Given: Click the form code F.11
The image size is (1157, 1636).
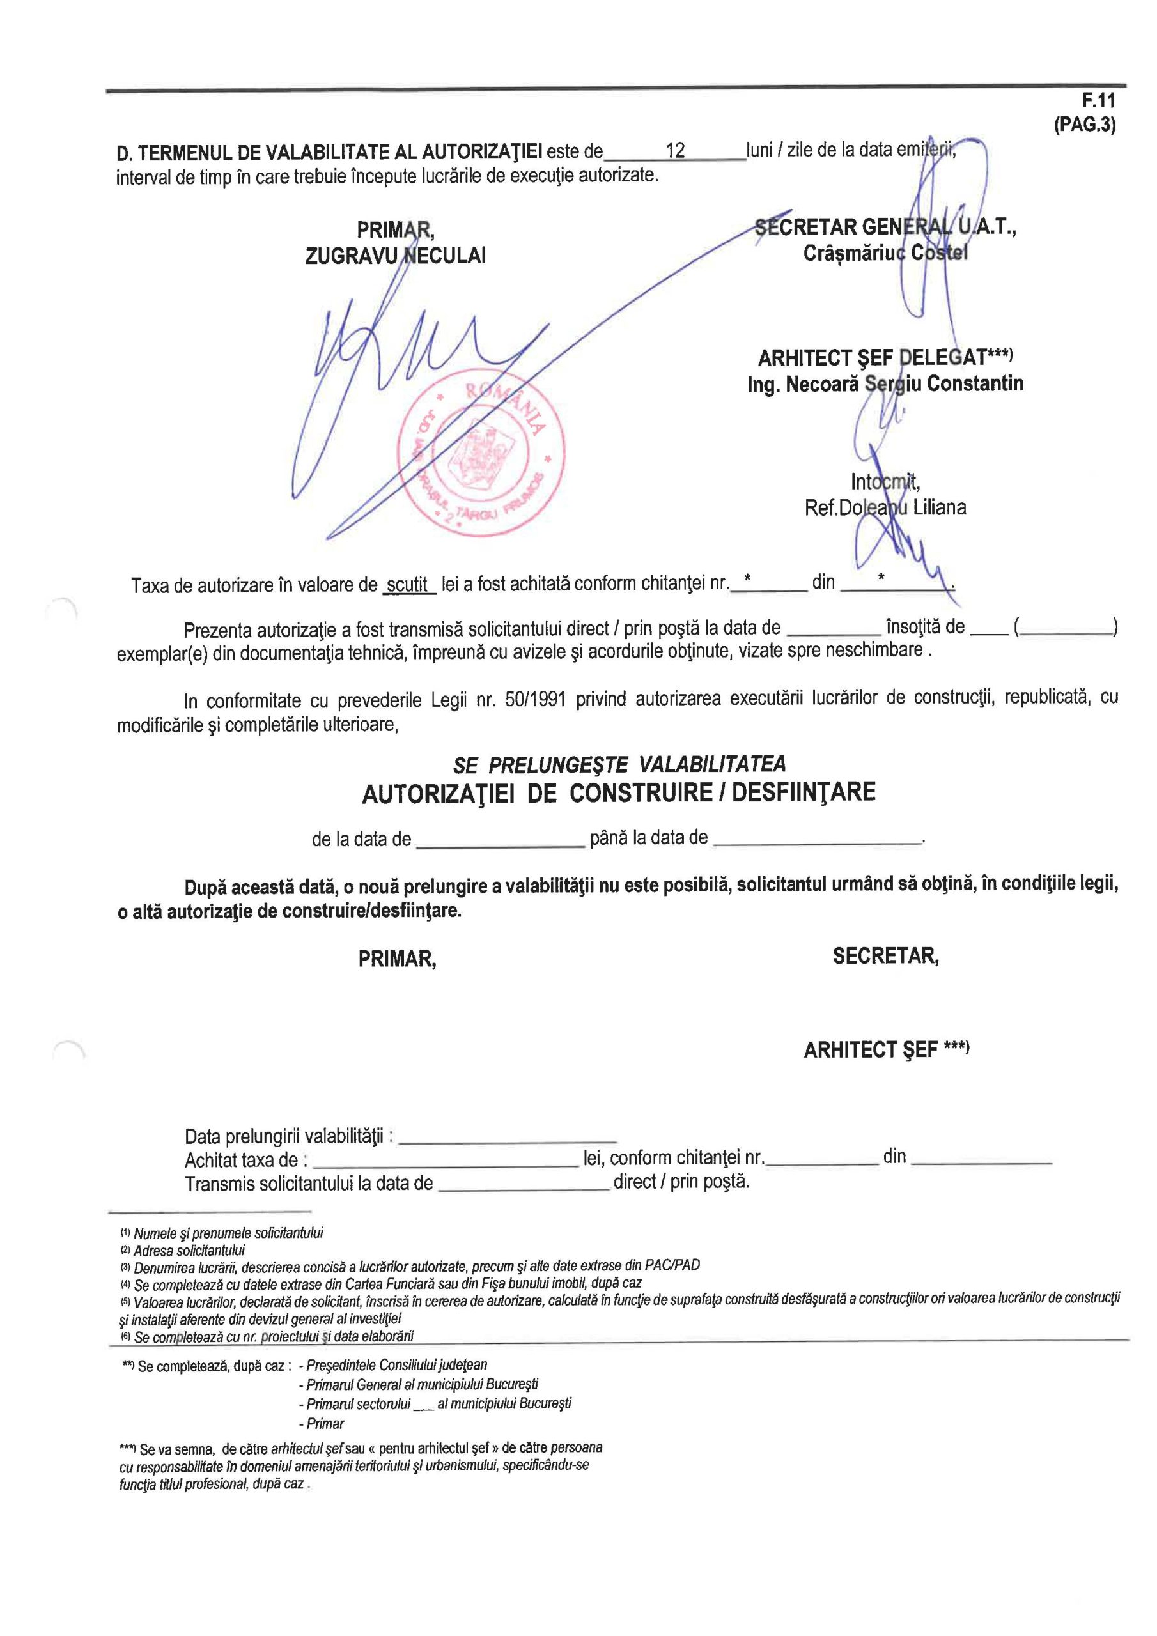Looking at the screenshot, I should (x=1099, y=100).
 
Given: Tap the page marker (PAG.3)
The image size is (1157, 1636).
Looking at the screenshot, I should (x=1085, y=125).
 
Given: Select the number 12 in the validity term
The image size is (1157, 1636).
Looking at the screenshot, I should (x=674, y=150).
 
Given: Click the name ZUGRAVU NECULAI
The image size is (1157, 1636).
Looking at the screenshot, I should (x=395, y=256).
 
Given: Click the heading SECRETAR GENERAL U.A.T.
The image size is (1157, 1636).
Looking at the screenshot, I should (x=885, y=228).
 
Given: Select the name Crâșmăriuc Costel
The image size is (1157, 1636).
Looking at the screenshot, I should (x=885, y=253).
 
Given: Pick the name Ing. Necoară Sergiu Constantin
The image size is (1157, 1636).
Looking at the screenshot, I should (x=885, y=384).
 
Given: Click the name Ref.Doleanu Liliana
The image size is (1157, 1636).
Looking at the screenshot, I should (x=885, y=507).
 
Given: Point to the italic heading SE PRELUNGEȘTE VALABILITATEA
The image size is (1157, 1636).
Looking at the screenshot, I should (x=619, y=764).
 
